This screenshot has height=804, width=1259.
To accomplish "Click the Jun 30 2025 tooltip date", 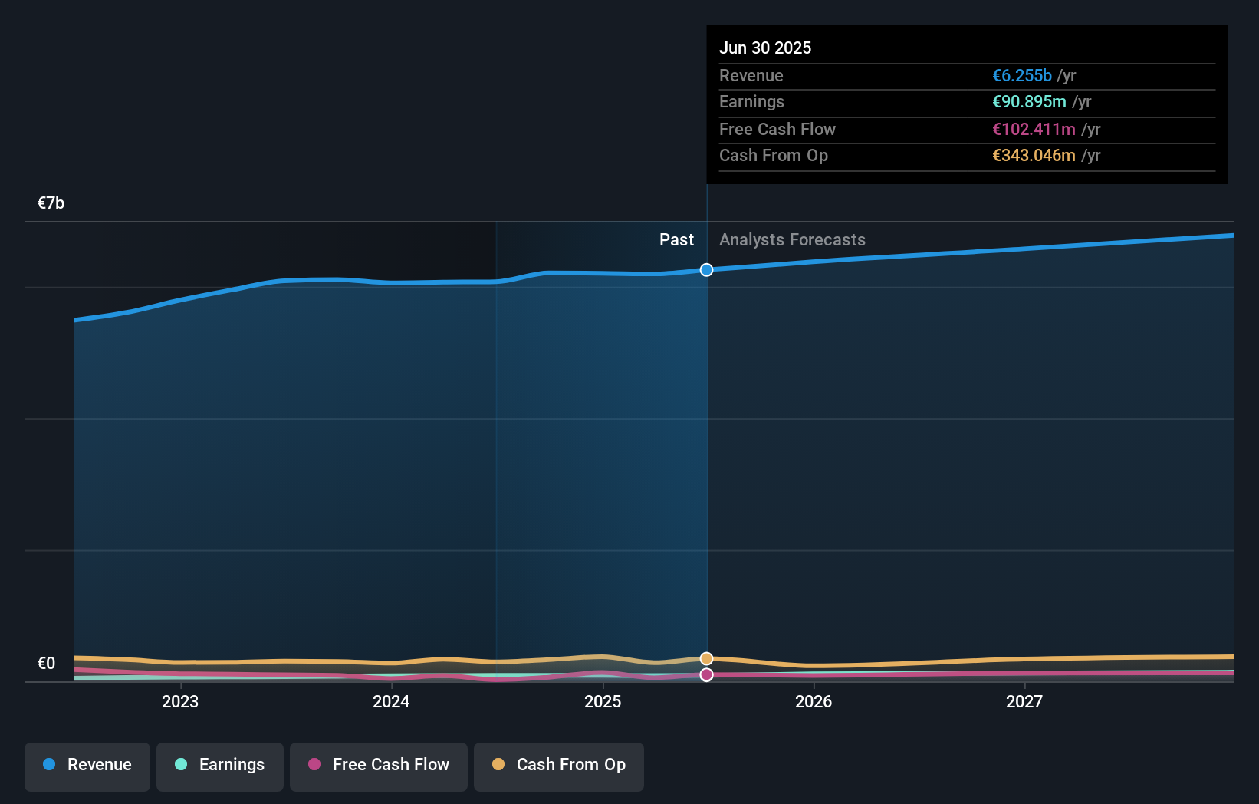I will (764, 48).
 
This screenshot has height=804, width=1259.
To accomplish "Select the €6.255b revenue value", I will (1021, 75).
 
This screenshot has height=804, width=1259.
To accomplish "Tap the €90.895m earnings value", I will (1029, 102).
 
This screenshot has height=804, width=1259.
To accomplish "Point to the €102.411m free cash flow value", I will (1034, 129).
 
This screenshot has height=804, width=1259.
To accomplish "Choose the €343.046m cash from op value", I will (1034, 156).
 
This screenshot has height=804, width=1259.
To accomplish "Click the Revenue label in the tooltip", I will (751, 75).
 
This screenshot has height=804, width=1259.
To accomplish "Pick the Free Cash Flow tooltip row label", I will (777, 129).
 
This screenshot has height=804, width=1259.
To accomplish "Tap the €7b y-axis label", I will (51, 203).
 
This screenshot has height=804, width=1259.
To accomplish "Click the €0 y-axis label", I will (46, 663).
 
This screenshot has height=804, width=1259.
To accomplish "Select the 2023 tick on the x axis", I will (180, 701).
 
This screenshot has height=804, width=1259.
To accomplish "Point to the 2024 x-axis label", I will (391, 701).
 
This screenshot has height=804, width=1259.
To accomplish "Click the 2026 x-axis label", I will (813, 701).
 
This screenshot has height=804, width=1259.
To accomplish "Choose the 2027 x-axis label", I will (1024, 701).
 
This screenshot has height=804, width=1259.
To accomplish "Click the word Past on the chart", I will (676, 239).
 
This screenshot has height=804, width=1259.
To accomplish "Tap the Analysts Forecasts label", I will (792, 239).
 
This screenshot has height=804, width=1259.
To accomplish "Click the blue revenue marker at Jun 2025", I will (706, 270).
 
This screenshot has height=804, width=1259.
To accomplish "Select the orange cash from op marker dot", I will (706, 659).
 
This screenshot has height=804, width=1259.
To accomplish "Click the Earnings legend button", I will (220, 765).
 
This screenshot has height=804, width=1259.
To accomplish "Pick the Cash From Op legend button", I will (559, 765).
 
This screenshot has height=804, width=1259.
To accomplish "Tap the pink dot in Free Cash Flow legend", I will (314, 764).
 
